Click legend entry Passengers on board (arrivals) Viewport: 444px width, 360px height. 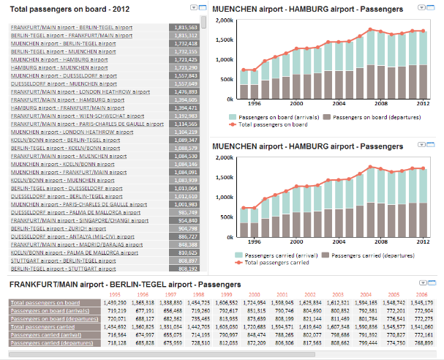(x=275, y=116)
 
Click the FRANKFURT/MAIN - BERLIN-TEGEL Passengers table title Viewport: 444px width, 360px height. (x=124, y=284)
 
